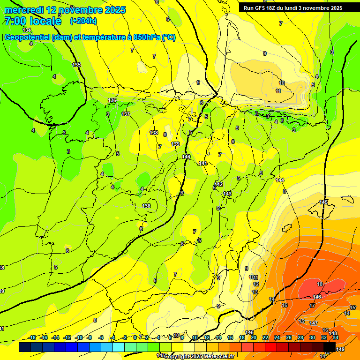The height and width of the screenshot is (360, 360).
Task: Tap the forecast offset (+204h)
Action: (x=83, y=21)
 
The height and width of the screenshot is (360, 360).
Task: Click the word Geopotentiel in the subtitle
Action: (x=27, y=37)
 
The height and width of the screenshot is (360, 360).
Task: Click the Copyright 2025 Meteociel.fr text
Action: (x=199, y=356)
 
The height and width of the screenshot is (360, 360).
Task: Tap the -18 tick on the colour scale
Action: (x=32, y=337)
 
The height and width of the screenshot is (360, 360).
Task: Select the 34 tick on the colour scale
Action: (x=335, y=337)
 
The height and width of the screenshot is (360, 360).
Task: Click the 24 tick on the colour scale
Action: (x=277, y=337)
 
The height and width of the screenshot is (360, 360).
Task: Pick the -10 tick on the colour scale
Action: (x=79, y=337)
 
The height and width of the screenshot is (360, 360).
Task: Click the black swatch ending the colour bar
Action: (x=330, y=347)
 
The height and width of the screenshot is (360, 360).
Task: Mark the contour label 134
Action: (x=27, y=30)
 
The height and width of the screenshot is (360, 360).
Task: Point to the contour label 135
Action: (x=76, y=65)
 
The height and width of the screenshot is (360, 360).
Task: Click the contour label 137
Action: (x=126, y=114)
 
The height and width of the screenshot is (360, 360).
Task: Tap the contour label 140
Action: (x=186, y=157)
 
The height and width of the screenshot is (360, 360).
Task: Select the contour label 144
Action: (x=280, y=180)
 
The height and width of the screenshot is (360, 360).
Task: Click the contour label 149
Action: (x=340, y=349)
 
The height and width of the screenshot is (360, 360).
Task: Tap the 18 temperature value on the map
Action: (x=320, y=285)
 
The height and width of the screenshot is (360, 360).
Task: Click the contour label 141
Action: (x=202, y=163)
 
